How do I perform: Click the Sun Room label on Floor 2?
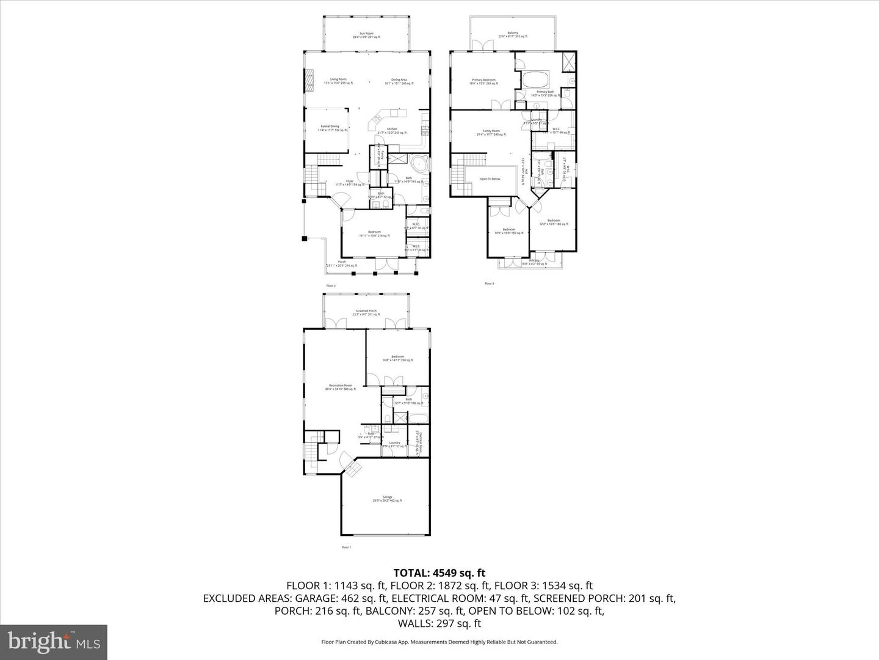[366, 35]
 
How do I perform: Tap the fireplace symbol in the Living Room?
[309, 79]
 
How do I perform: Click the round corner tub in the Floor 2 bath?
[419, 164]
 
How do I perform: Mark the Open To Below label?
[490, 179]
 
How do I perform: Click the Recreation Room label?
[341, 387]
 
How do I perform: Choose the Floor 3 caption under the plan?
[489, 284]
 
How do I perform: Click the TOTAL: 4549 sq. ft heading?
[440, 573]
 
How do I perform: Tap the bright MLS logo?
[54, 642]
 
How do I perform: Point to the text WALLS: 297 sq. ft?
[440, 623]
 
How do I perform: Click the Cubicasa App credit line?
[440, 642]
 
